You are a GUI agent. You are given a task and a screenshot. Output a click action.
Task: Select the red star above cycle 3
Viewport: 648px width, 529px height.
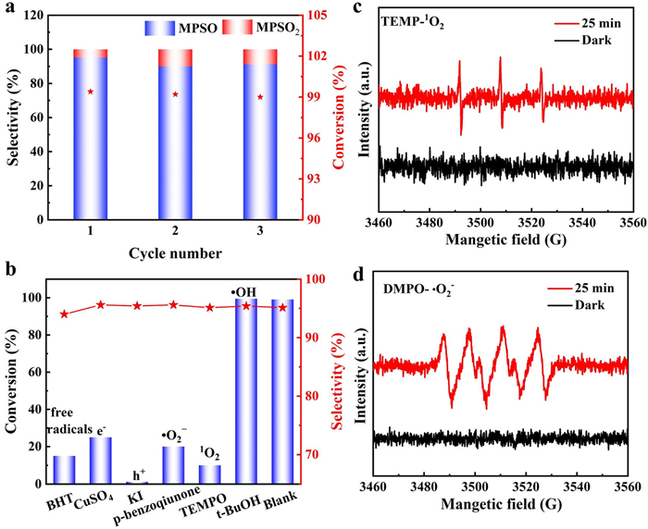(259, 97)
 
